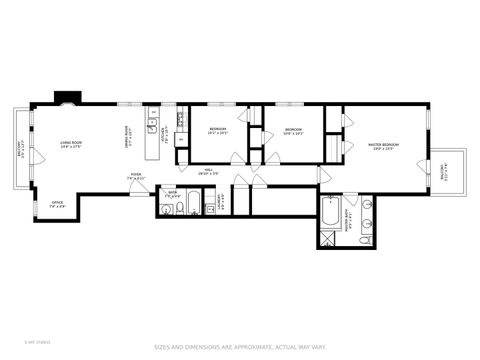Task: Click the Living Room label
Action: [69, 144]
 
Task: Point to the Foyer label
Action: [135, 177]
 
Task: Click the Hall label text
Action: [209, 171]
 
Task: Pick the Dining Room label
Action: [127, 134]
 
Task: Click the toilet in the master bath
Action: [367, 240]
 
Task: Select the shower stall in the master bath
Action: [329, 238]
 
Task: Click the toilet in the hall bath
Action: [165, 210]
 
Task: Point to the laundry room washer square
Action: [222, 201]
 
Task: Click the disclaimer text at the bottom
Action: [239, 348]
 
